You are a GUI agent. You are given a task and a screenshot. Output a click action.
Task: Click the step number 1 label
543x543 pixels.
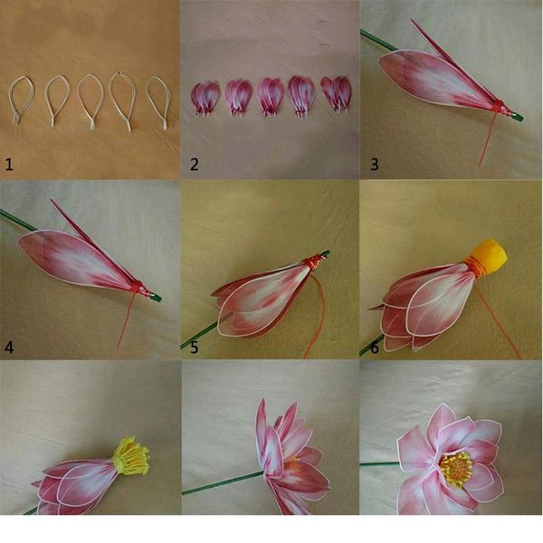[x=9, y=164]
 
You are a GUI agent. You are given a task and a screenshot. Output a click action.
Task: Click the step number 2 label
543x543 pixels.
[x=193, y=164]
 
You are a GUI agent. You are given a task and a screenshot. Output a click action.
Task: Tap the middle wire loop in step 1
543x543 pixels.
[x=90, y=98]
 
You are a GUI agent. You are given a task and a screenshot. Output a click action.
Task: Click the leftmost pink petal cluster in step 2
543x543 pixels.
[x=204, y=97]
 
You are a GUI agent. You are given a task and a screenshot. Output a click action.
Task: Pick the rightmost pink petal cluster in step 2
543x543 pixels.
[x=336, y=93]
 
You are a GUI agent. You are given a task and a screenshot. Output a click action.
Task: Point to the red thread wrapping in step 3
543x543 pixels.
[x=499, y=110]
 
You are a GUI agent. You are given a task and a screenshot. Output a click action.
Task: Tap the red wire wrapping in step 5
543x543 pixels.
[x=310, y=263]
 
